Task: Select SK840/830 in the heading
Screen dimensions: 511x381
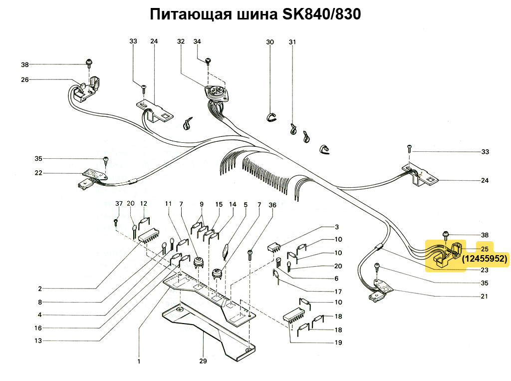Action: coord(321,14)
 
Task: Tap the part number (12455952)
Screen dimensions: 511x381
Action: coord(485,259)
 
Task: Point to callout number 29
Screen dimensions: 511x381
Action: coord(203,361)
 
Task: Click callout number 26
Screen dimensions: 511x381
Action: coord(25,79)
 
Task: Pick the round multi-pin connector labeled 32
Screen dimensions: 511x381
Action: coord(216,92)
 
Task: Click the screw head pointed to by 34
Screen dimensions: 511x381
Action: coord(208,61)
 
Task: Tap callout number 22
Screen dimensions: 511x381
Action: coord(38,173)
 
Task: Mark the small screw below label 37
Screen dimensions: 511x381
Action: coord(116,222)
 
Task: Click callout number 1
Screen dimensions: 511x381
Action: coord(139,361)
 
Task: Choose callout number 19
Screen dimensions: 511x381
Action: coord(338,343)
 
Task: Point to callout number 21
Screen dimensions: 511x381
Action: coord(484,296)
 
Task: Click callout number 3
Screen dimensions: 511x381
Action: coord(337,227)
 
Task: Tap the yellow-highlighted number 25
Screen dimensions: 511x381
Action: coord(485,249)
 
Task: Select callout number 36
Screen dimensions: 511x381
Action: coord(272,205)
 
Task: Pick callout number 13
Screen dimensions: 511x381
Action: coord(38,341)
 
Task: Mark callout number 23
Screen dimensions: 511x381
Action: coord(485,270)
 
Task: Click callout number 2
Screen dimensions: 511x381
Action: coord(40,289)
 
